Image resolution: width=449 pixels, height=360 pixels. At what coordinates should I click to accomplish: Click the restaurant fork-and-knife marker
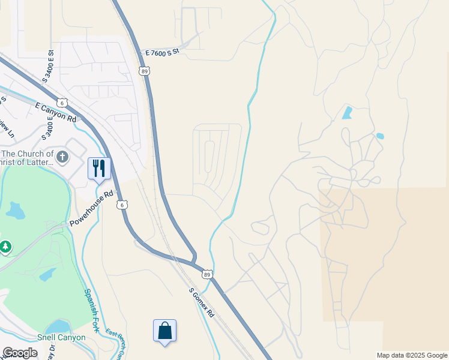tap(99, 168)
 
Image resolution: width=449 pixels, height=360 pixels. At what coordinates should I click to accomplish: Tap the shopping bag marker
tap(164, 331)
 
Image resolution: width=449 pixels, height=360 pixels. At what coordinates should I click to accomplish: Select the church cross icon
tap(63, 158)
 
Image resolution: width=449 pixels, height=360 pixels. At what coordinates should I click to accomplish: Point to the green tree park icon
tap(5, 247)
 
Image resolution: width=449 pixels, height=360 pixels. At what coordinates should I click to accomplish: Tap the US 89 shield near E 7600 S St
tap(145, 71)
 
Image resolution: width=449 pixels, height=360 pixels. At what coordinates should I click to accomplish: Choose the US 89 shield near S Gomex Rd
tap(206, 274)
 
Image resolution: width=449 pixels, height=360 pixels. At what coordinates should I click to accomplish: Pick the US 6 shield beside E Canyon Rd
tap(63, 103)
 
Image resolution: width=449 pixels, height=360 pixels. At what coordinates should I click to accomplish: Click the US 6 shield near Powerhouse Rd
tap(122, 205)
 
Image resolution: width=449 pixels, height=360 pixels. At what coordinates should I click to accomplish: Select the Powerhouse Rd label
tap(91, 209)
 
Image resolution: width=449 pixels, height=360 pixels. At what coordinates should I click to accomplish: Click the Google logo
tap(20, 352)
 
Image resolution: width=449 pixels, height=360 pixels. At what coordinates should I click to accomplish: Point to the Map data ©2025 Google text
tap(412, 355)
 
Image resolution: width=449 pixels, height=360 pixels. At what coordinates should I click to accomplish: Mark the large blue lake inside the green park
tap(15, 211)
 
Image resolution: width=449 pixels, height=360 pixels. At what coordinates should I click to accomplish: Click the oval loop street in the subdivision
tap(209, 157)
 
